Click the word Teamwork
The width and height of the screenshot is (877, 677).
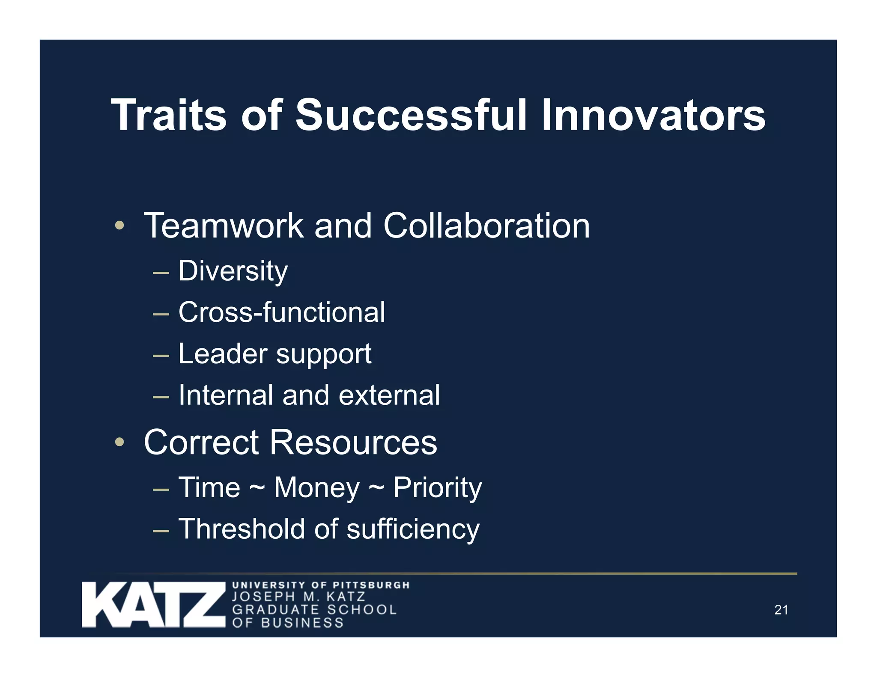[x=224, y=226]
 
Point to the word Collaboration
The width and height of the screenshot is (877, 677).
[x=486, y=226]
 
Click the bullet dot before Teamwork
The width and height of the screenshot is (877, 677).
[x=119, y=225]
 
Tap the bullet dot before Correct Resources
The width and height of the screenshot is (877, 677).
[x=119, y=442]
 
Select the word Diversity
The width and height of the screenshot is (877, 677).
[x=233, y=271]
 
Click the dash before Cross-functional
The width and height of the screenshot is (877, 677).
[x=161, y=314]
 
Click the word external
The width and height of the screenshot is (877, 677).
[x=389, y=395]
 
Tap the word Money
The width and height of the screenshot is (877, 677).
[x=317, y=488]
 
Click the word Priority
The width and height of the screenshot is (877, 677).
[x=437, y=488]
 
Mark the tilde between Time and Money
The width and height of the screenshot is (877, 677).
[x=257, y=488]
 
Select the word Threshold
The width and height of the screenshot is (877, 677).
[x=242, y=529]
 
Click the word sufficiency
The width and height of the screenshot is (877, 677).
[x=413, y=530]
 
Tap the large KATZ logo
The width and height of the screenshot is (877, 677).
[x=153, y=605]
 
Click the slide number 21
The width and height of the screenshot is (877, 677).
[x=781, y=610]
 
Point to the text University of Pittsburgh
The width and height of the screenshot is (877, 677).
[x=321, y=585]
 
